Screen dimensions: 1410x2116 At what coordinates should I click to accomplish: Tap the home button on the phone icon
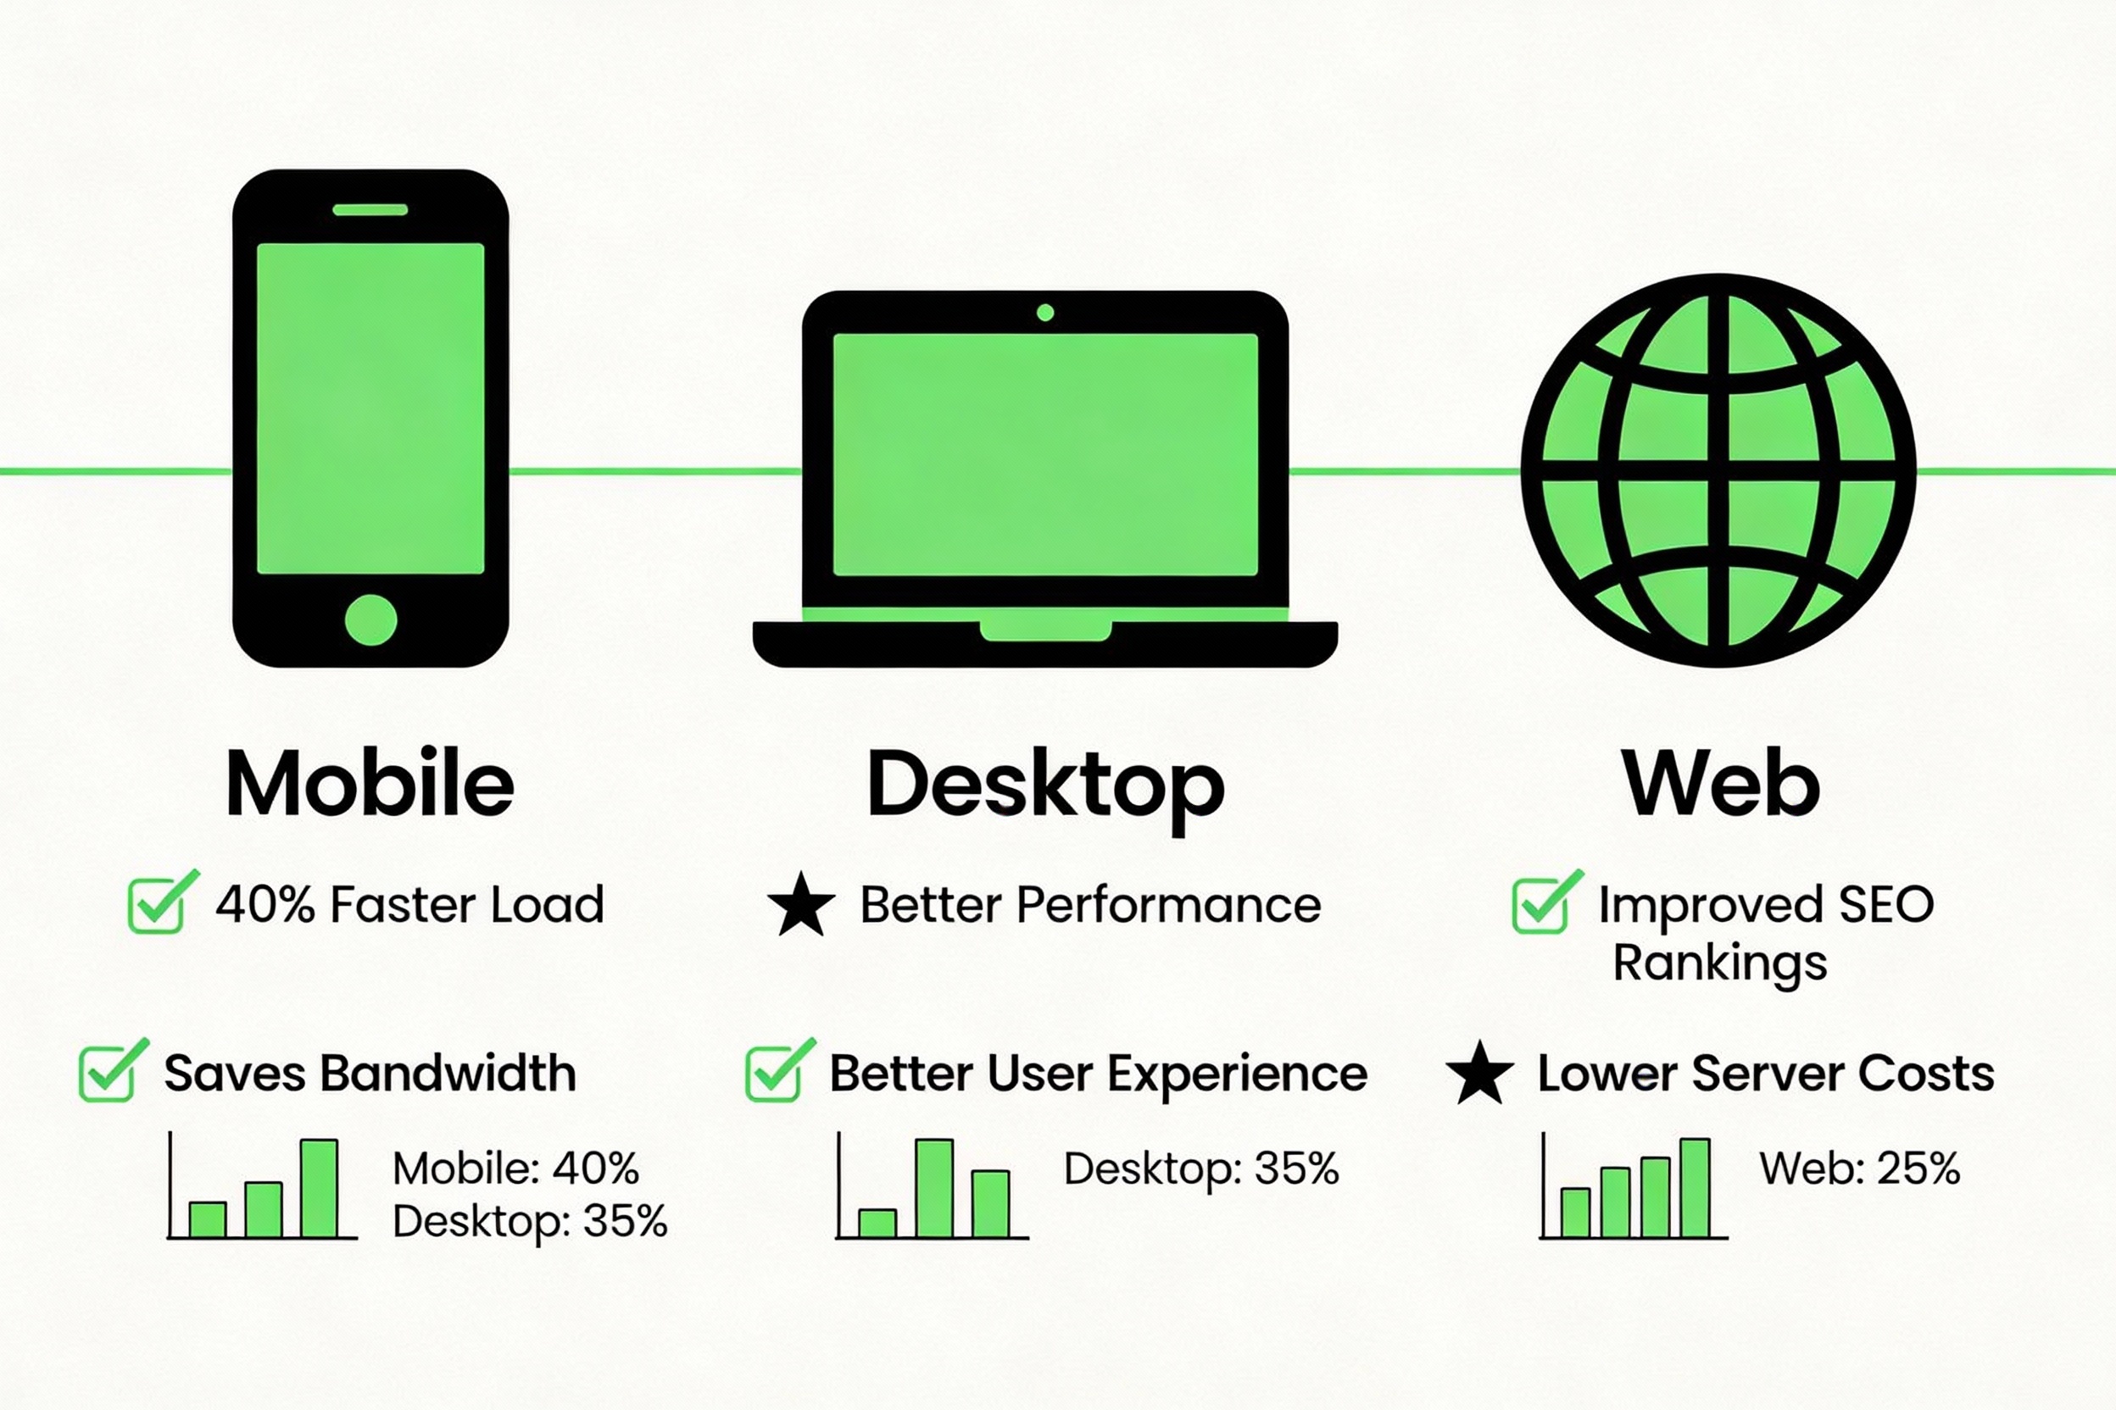(x=370, y=619)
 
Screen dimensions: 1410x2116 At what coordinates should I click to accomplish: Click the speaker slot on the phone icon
(x=370, y=209)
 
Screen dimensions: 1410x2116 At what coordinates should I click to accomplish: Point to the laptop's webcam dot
(x=1044, y=313)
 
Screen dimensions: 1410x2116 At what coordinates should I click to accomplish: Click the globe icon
(x=1718, y=470)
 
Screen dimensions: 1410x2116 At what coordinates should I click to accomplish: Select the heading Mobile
(x=370, y=783)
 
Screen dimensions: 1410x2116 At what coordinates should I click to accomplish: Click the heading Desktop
(x=1045, y=785)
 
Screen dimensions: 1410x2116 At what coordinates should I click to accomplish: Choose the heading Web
(x=1720, y=783)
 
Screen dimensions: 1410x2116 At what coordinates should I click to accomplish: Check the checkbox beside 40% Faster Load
(x=158, y=906)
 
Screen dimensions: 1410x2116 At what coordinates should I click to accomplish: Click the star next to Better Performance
(x=800, y=905)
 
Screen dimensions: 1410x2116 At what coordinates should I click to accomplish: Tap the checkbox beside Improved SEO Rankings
(x=1541, y=906)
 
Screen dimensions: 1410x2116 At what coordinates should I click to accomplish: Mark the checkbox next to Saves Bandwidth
(x=108, y=1073)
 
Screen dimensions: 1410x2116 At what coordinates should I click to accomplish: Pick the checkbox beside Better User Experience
(x=774, y=1073)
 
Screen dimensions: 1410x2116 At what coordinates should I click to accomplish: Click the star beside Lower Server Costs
(x=1479, y=1073)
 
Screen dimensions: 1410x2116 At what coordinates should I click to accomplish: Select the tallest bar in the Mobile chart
(x=319, y=1188)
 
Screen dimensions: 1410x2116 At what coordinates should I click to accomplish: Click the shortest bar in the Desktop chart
(x=877, y=1223)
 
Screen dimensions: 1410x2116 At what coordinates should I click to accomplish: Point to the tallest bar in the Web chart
(x=1695, y=1188)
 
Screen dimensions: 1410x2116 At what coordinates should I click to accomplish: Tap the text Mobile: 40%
(x=515, y=1169)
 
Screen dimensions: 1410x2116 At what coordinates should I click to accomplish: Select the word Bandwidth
(x=448, y=1073)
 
